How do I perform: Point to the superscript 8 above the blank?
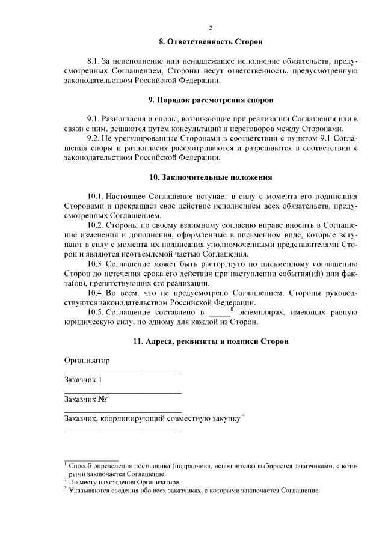click(232, 308)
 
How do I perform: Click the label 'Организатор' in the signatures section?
click(87, 360)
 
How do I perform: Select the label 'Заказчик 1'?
click(83, 379)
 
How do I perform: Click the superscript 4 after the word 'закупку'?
click(243, 414)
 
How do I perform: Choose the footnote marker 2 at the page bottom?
click(65, 480)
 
